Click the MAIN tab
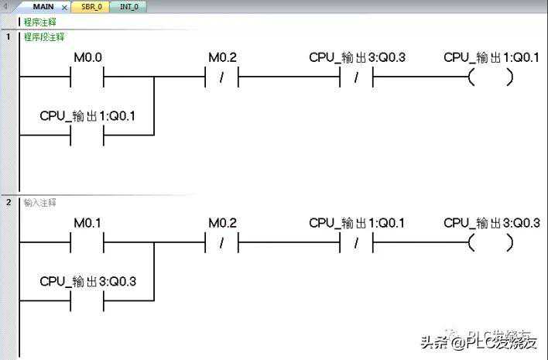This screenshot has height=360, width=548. point(43,6)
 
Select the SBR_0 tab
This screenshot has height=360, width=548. point(91,6)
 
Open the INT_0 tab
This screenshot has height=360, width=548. point(129,6)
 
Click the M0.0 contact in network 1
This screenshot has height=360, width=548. point(87,77)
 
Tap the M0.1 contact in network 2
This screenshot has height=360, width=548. point(87,242)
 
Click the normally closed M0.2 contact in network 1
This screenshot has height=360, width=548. point(222,77)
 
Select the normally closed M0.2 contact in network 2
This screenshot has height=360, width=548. point(222,242)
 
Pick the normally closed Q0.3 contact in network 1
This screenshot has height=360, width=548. point(357,77)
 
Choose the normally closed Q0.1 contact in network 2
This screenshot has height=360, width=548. point(357,242)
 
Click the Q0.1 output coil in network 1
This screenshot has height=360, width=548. point(491,77)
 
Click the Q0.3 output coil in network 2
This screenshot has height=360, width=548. point(491,242)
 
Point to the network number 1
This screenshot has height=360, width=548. point(9,36)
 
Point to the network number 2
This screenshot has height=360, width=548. point(9,202)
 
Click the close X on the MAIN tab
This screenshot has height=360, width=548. point(64,7)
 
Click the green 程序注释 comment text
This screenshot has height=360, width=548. point(39,22)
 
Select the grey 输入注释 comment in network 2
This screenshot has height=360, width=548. point(39,202)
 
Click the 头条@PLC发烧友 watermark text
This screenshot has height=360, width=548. point(478,341)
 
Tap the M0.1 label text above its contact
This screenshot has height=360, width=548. point(87,223)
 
